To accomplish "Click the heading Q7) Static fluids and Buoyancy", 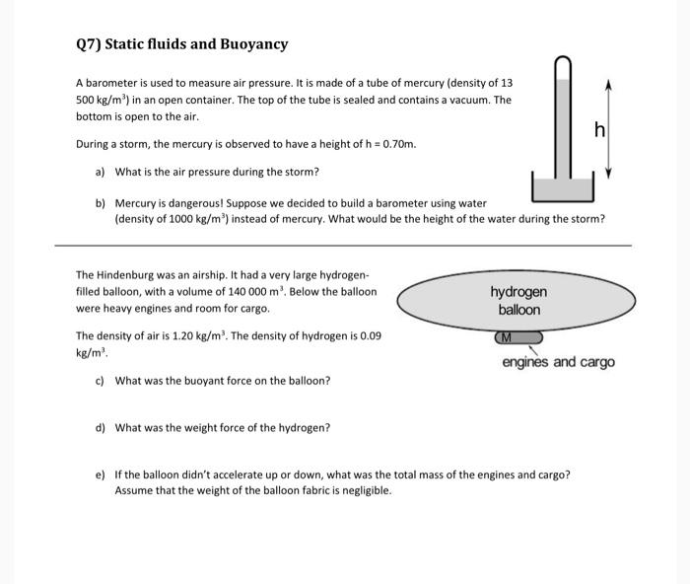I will coord(181,44).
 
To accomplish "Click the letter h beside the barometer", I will coord(597,129).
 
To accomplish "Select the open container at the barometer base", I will coord(562,187).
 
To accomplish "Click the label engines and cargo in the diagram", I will coord(558,362).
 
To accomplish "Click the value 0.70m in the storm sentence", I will coord(397,144).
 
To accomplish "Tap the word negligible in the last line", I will coord(365,490).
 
